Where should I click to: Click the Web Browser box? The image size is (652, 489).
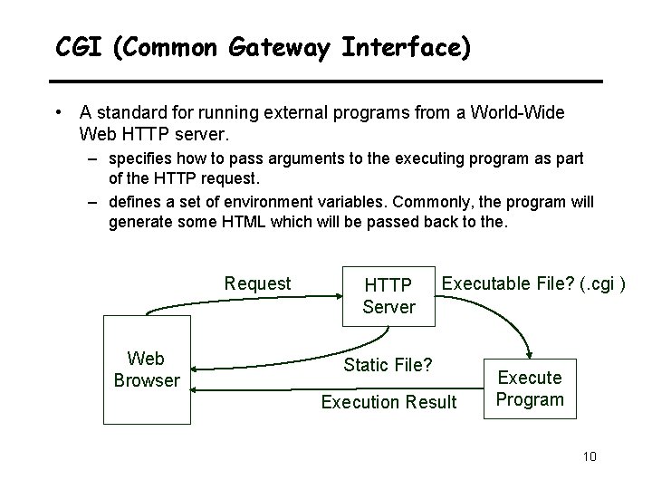[x=147, y=368]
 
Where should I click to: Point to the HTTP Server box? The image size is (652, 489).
[x=388, y=295]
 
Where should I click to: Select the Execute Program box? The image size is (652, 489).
[x=531, y=388]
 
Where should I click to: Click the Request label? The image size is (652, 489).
[x=257, y=283]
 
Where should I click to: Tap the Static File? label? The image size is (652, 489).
[x=388, y=365]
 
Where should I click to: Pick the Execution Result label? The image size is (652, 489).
[x=389, y=401]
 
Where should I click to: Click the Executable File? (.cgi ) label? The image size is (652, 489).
[x=533, y=283]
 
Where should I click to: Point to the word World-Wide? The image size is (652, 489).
[x=519, y=113]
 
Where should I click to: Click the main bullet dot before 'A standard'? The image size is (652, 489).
[x=58, y=113]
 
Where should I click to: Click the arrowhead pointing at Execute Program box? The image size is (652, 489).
[x=527, y=360]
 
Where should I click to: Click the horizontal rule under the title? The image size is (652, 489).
[x=326, y=81]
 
